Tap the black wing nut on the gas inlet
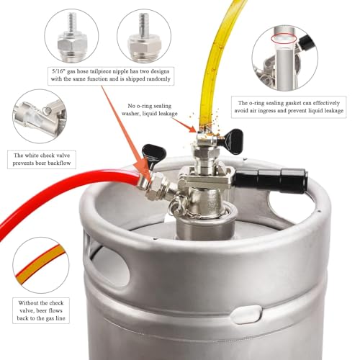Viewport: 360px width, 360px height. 154,153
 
